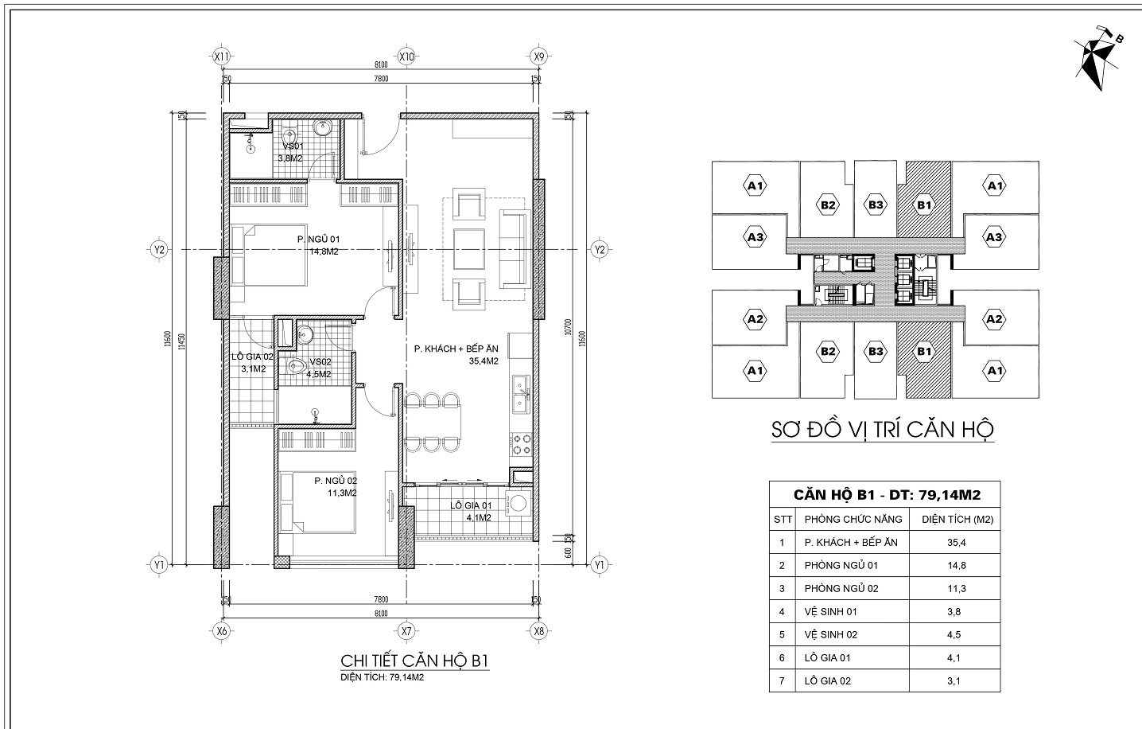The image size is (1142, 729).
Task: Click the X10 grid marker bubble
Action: point(407,57)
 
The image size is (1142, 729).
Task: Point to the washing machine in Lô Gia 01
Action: point(519,504)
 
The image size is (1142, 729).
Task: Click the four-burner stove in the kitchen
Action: point(521,444)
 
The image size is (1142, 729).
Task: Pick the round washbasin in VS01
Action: point(324,128)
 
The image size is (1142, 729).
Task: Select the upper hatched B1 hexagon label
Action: point(923,205)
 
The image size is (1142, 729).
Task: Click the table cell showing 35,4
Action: point(957,543)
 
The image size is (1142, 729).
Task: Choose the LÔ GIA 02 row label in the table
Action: point(828,680)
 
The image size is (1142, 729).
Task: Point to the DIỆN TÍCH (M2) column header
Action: point(957,520)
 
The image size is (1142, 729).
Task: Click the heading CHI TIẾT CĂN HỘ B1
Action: point(414,661)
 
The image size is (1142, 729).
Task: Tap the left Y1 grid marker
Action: point(160,565)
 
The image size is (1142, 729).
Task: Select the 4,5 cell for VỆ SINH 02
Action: point(957,635)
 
